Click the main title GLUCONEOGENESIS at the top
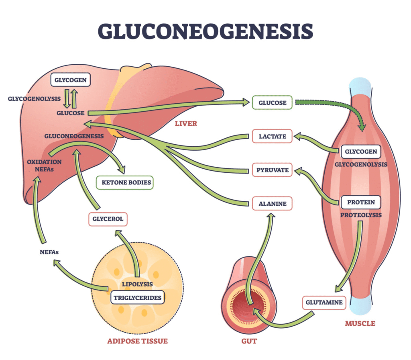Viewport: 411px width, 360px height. tap(205, 32)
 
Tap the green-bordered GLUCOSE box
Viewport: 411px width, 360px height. tap(272, 102)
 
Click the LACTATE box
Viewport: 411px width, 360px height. tap(272, 136)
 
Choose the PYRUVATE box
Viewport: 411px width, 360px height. tap(272, 170)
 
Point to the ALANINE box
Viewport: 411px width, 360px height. tap(272, 204)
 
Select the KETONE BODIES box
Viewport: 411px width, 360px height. tap(124, 182)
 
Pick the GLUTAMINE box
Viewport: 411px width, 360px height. tap(324, 302)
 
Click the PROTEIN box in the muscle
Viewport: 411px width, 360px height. tap(361, 202)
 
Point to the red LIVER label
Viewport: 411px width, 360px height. tap(186, 123)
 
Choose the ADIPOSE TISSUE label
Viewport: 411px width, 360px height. tap(137, 341)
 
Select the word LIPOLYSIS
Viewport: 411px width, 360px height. tap(137, 284)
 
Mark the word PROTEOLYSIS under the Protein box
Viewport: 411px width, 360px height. tap(361, 215)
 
